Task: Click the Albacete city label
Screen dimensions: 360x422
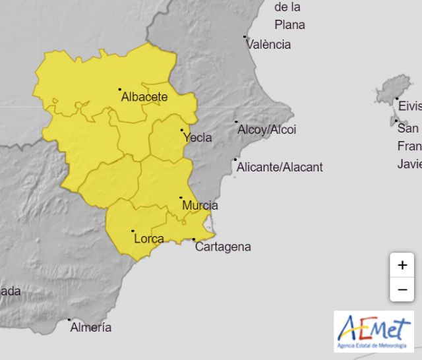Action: click(x=144, y=98)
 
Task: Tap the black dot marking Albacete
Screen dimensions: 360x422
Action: click(x=120, y=89)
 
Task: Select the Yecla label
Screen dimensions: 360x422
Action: click(x=198, y=138)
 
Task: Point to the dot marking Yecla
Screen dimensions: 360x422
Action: click(x=182, y=131)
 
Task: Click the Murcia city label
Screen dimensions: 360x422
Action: click(x=200, y=206)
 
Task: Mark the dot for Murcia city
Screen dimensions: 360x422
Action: click(x=181, y=198)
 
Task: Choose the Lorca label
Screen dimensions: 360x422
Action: click(x=149, y=239)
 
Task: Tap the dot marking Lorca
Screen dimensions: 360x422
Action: click(x=133, y=231)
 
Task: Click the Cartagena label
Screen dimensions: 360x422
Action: click(x=224, y=247)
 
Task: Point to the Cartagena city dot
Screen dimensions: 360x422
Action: click(x=194, y=239)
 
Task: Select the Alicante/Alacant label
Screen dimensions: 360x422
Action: click(x=281, y=167)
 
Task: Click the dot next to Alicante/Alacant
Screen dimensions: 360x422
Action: click(x=235, y=160)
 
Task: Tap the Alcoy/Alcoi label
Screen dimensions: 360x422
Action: click(x=267, y=130)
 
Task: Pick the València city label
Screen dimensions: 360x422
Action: click(x=268, y=45)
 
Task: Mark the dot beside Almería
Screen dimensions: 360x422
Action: click(x=69, y=320)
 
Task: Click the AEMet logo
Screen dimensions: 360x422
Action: click(x=373, y=331)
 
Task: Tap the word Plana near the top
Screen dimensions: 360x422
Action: click(x=289, y=25)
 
